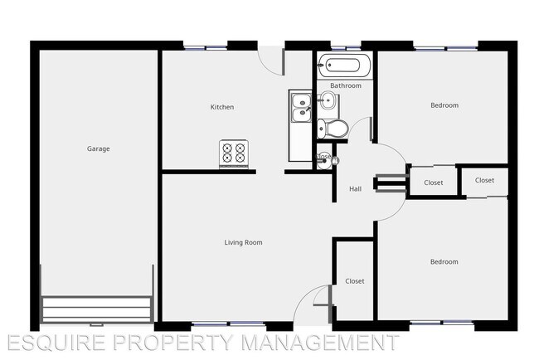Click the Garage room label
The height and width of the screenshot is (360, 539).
(99, 149)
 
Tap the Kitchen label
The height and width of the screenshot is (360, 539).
(222, 107)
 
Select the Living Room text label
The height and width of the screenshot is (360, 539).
(243, 242)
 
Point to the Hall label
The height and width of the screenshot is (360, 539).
(355, 189)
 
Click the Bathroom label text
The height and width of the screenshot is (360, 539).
(346, 85)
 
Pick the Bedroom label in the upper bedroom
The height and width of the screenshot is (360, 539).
(444, 105)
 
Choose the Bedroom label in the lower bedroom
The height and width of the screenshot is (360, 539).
(444, 262)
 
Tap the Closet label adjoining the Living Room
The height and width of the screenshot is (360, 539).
(354, 281)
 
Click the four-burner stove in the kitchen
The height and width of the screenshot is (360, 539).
(234, 153)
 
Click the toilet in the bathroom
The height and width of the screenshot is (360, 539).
(333, 128)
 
